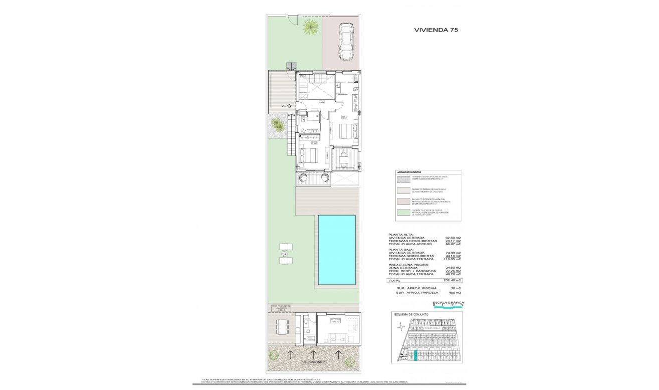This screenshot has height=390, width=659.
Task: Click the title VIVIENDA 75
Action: coord(435,30)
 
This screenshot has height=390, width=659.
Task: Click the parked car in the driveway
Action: coord(346,42)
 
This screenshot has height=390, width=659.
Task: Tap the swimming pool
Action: coord(336,250)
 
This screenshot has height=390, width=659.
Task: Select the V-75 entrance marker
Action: coord(286,106)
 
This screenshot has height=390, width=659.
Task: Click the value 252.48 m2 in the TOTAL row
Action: coord(453,280)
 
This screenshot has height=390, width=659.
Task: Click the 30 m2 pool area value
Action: coord(456,288)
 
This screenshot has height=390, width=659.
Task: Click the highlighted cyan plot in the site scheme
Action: coord(415,356)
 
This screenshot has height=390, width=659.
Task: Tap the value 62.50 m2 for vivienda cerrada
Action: coord(453,238)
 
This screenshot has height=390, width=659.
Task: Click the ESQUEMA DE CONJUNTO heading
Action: coord(412,314)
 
